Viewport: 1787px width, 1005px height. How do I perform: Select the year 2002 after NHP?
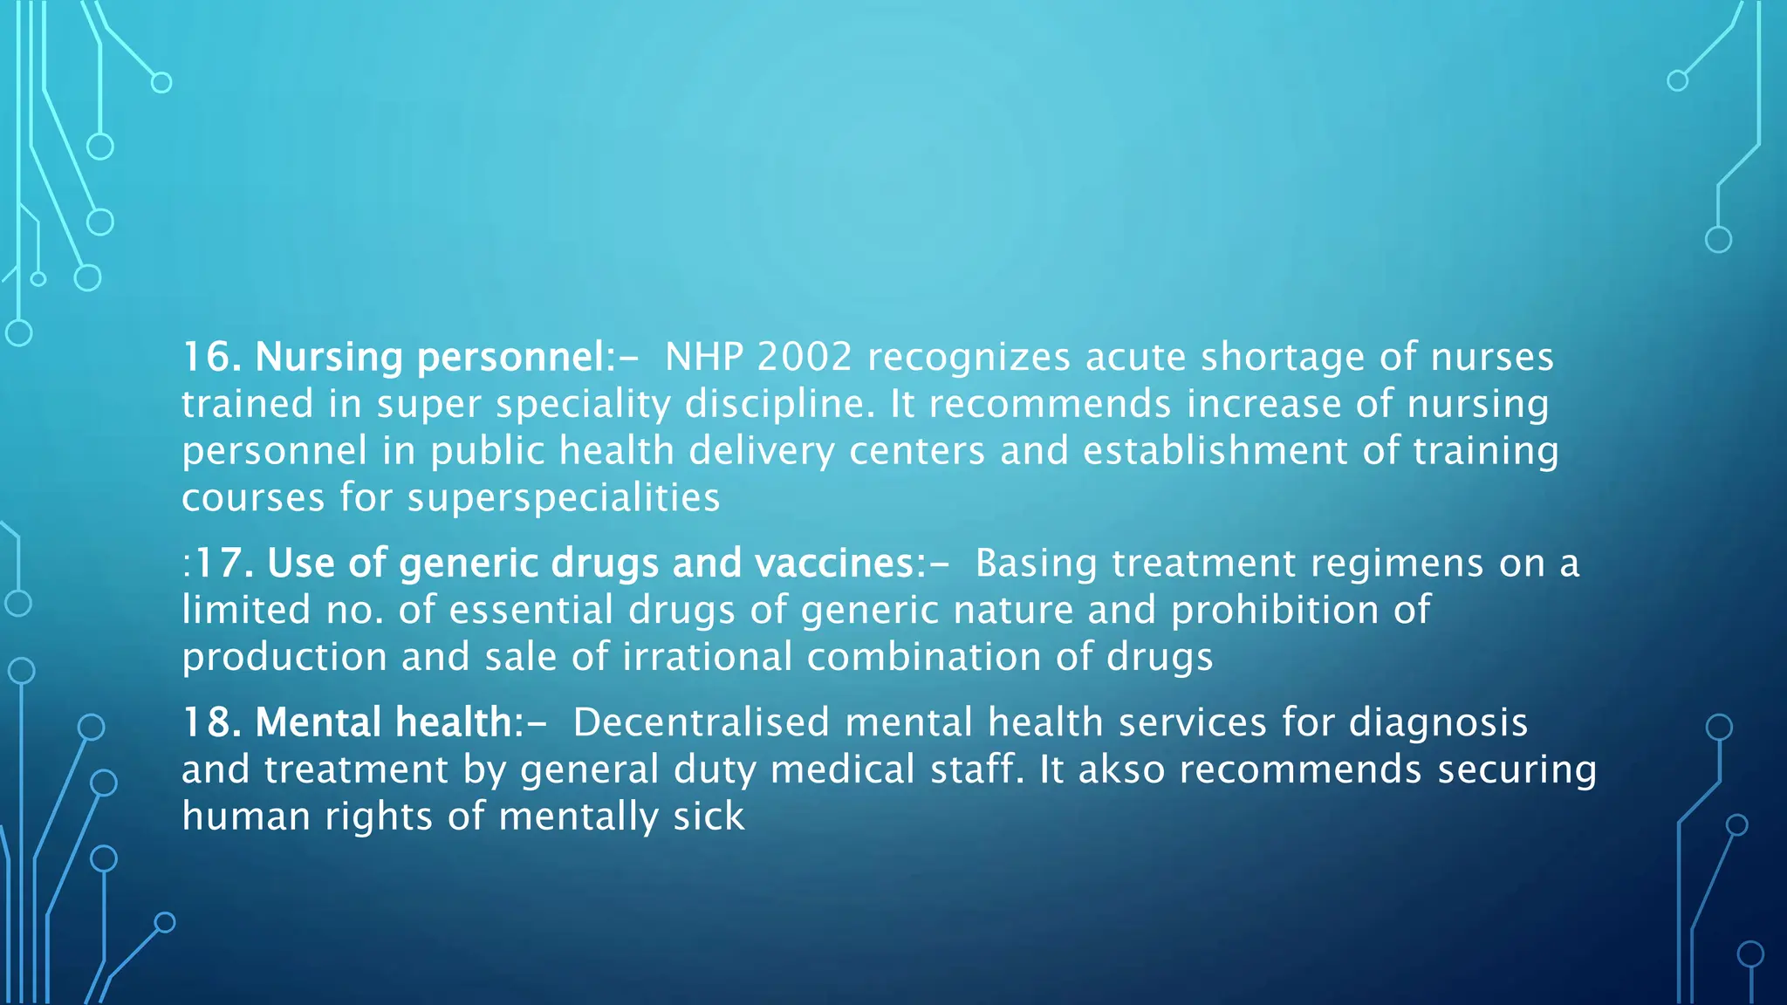coord(804,357)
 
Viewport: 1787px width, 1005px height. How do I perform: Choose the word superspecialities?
coord(564,499)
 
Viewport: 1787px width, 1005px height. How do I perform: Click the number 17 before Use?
coord(216,564)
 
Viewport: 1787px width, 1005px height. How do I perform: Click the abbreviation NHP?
coord(703,357)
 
